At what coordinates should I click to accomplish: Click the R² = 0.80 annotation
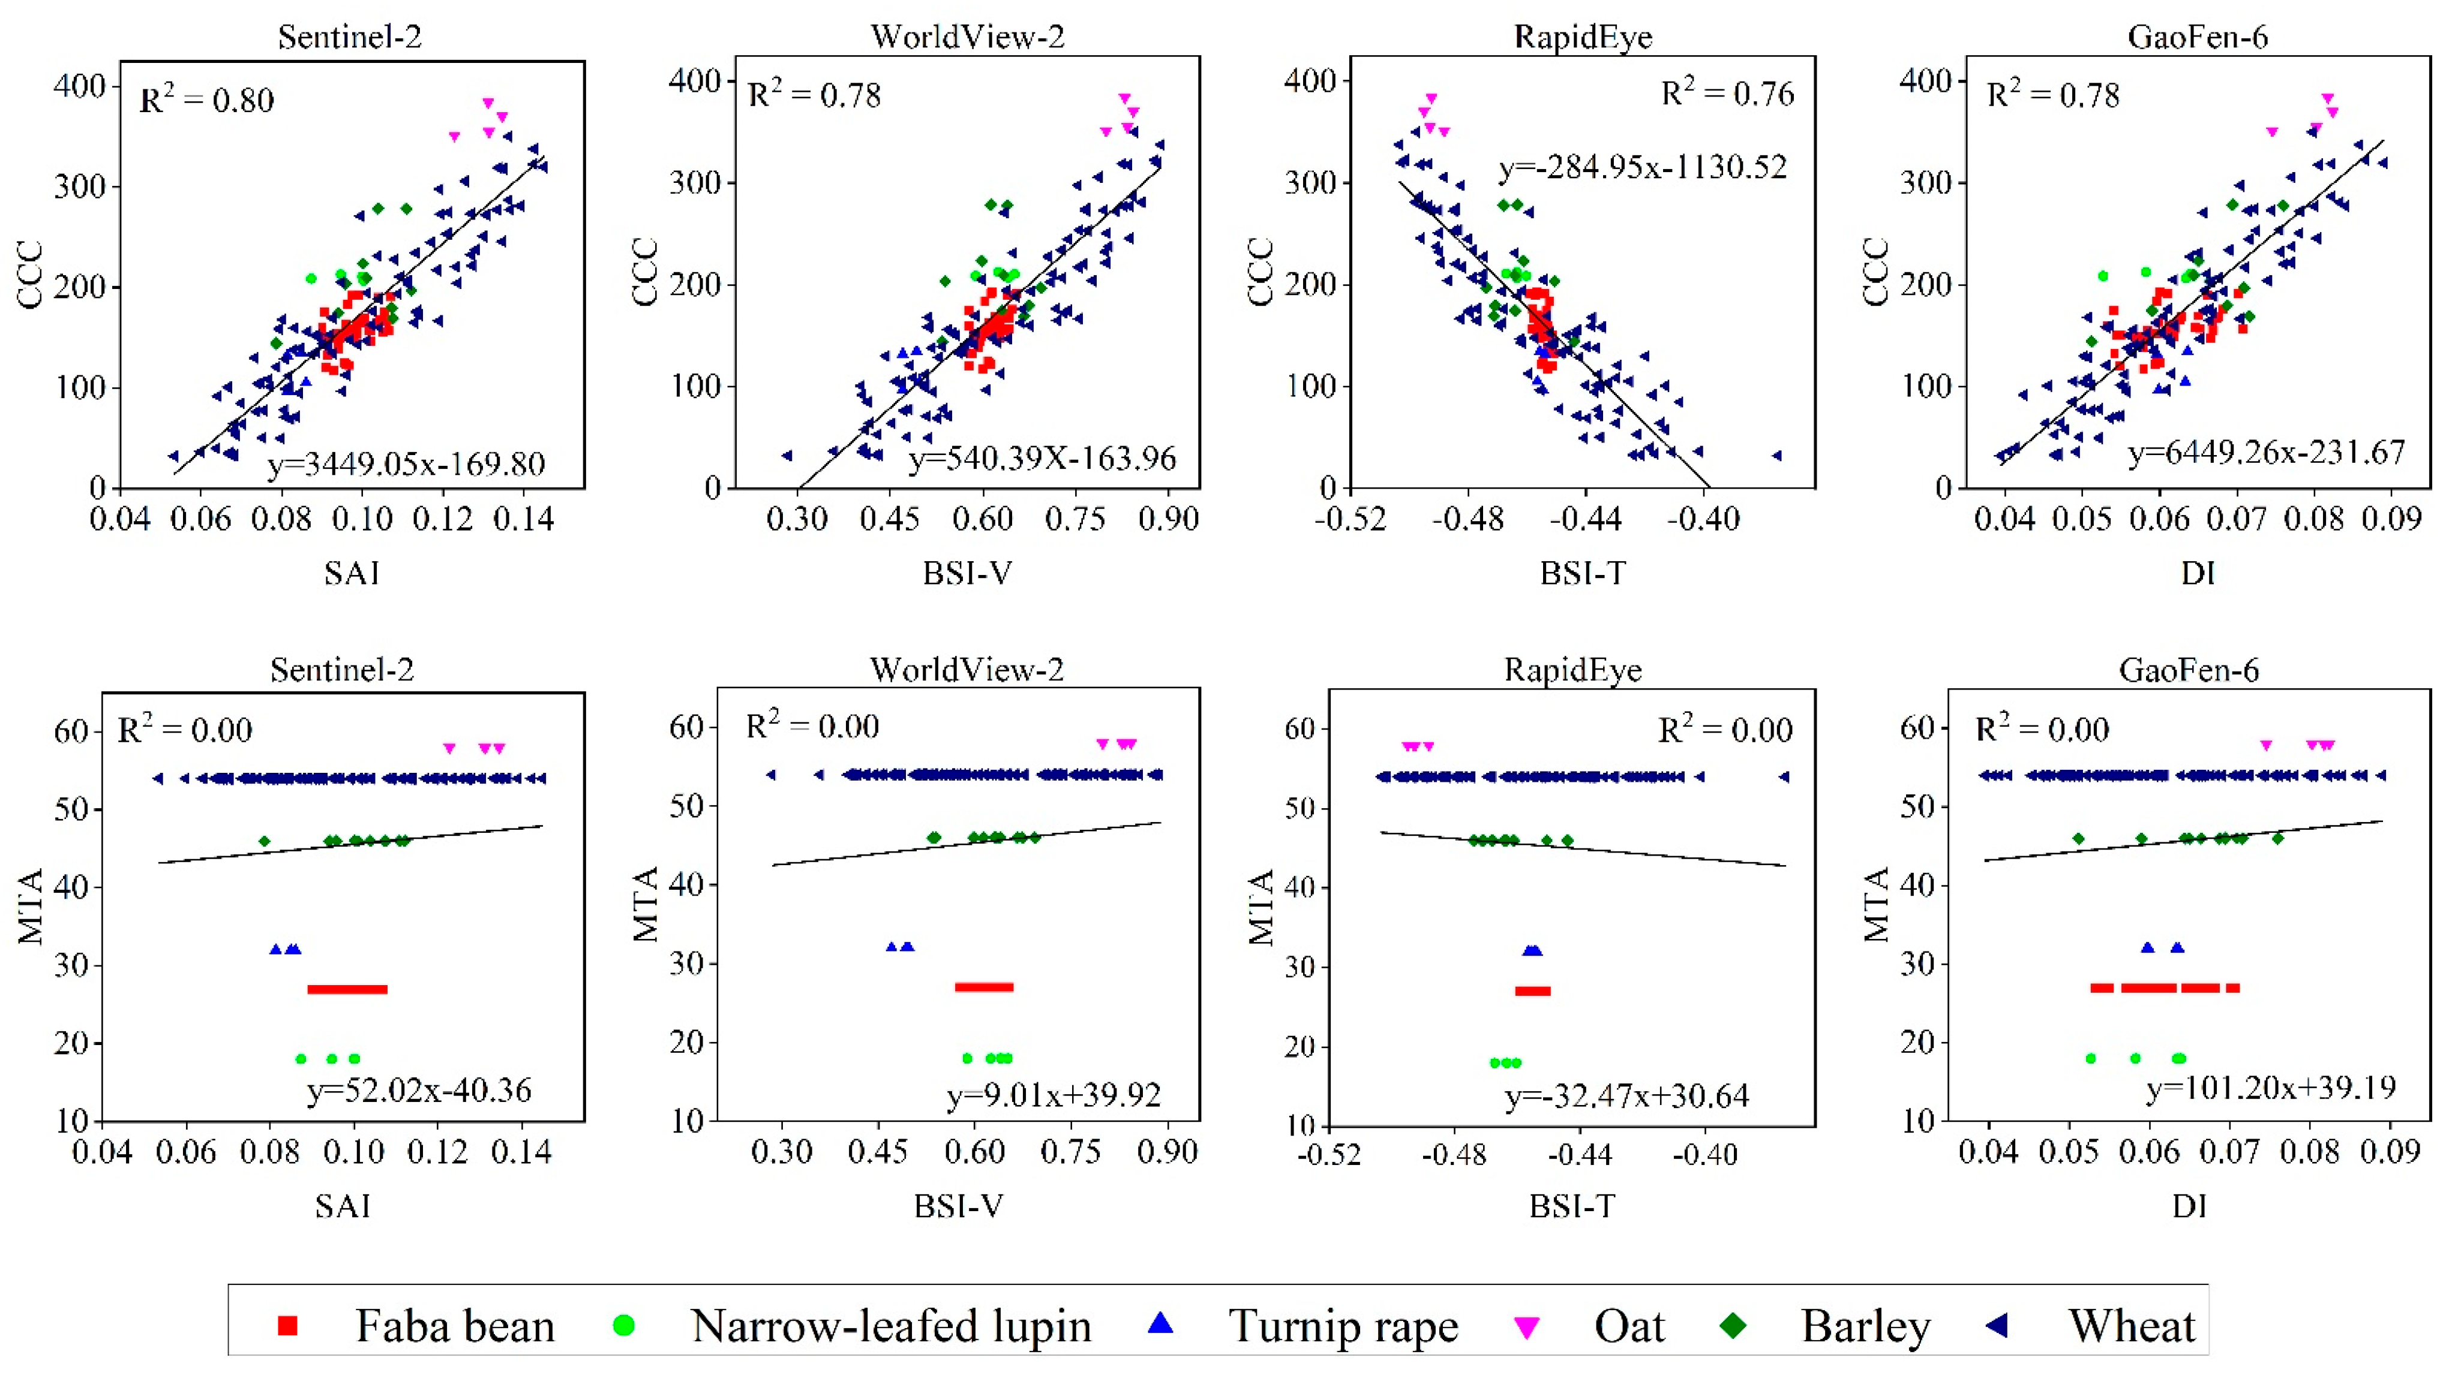(206, 99)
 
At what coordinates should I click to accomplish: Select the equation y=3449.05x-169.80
(406, 464)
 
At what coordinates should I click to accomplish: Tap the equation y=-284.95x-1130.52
(1643, 167)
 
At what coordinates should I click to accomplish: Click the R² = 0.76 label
(1727, 93)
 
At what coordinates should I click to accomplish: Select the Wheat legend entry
(2132, 1326)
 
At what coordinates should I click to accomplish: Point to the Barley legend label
(1865, 1326)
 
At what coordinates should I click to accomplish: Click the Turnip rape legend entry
(1342, 1326)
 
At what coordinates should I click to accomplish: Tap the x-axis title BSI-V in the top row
(967, 573)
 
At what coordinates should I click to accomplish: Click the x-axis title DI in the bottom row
(2189, 1206)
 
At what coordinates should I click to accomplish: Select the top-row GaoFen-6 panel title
(2197, 37)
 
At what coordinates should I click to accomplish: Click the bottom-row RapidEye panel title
(1572, 670)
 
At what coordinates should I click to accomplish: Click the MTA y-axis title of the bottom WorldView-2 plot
(646, 905)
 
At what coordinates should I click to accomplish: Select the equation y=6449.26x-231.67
(2265, 453)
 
